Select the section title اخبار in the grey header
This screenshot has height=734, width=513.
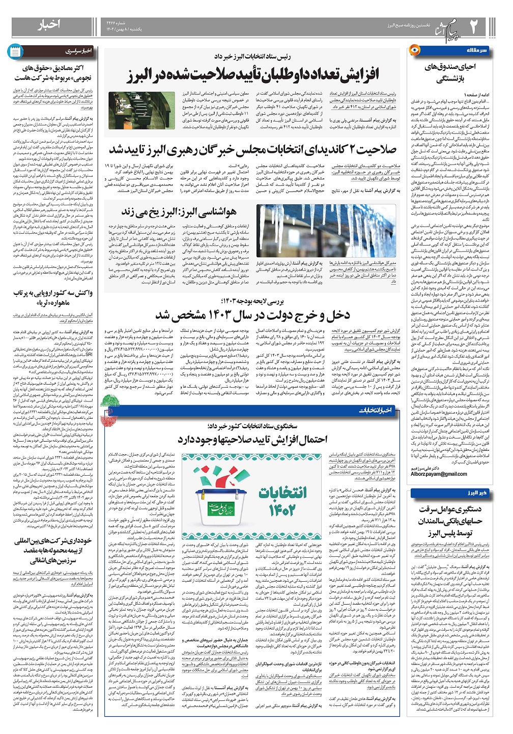pos(49,24)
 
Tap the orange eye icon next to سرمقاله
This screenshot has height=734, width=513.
pos(414,50)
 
